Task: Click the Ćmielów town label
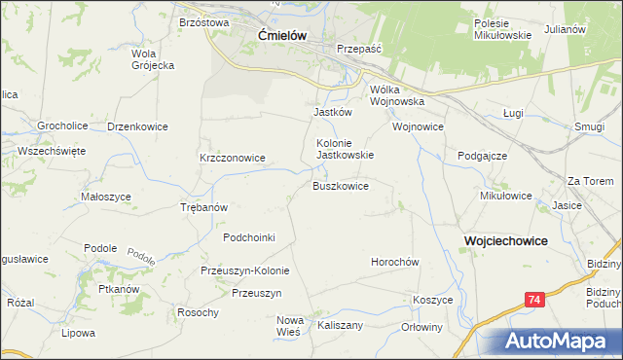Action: click(283, 35)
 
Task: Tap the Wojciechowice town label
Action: click(505, 240)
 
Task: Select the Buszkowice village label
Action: click(340, 185)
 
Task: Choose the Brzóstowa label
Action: click(203, 21)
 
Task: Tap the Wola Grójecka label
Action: click(152, 59)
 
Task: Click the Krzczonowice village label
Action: click(233, 157)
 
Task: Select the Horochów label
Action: click(394, 262)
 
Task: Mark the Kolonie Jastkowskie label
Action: click(345, 148)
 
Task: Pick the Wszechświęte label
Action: click(45, 151)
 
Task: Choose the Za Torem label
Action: click(590, 181)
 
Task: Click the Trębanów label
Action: click(204, 207)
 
